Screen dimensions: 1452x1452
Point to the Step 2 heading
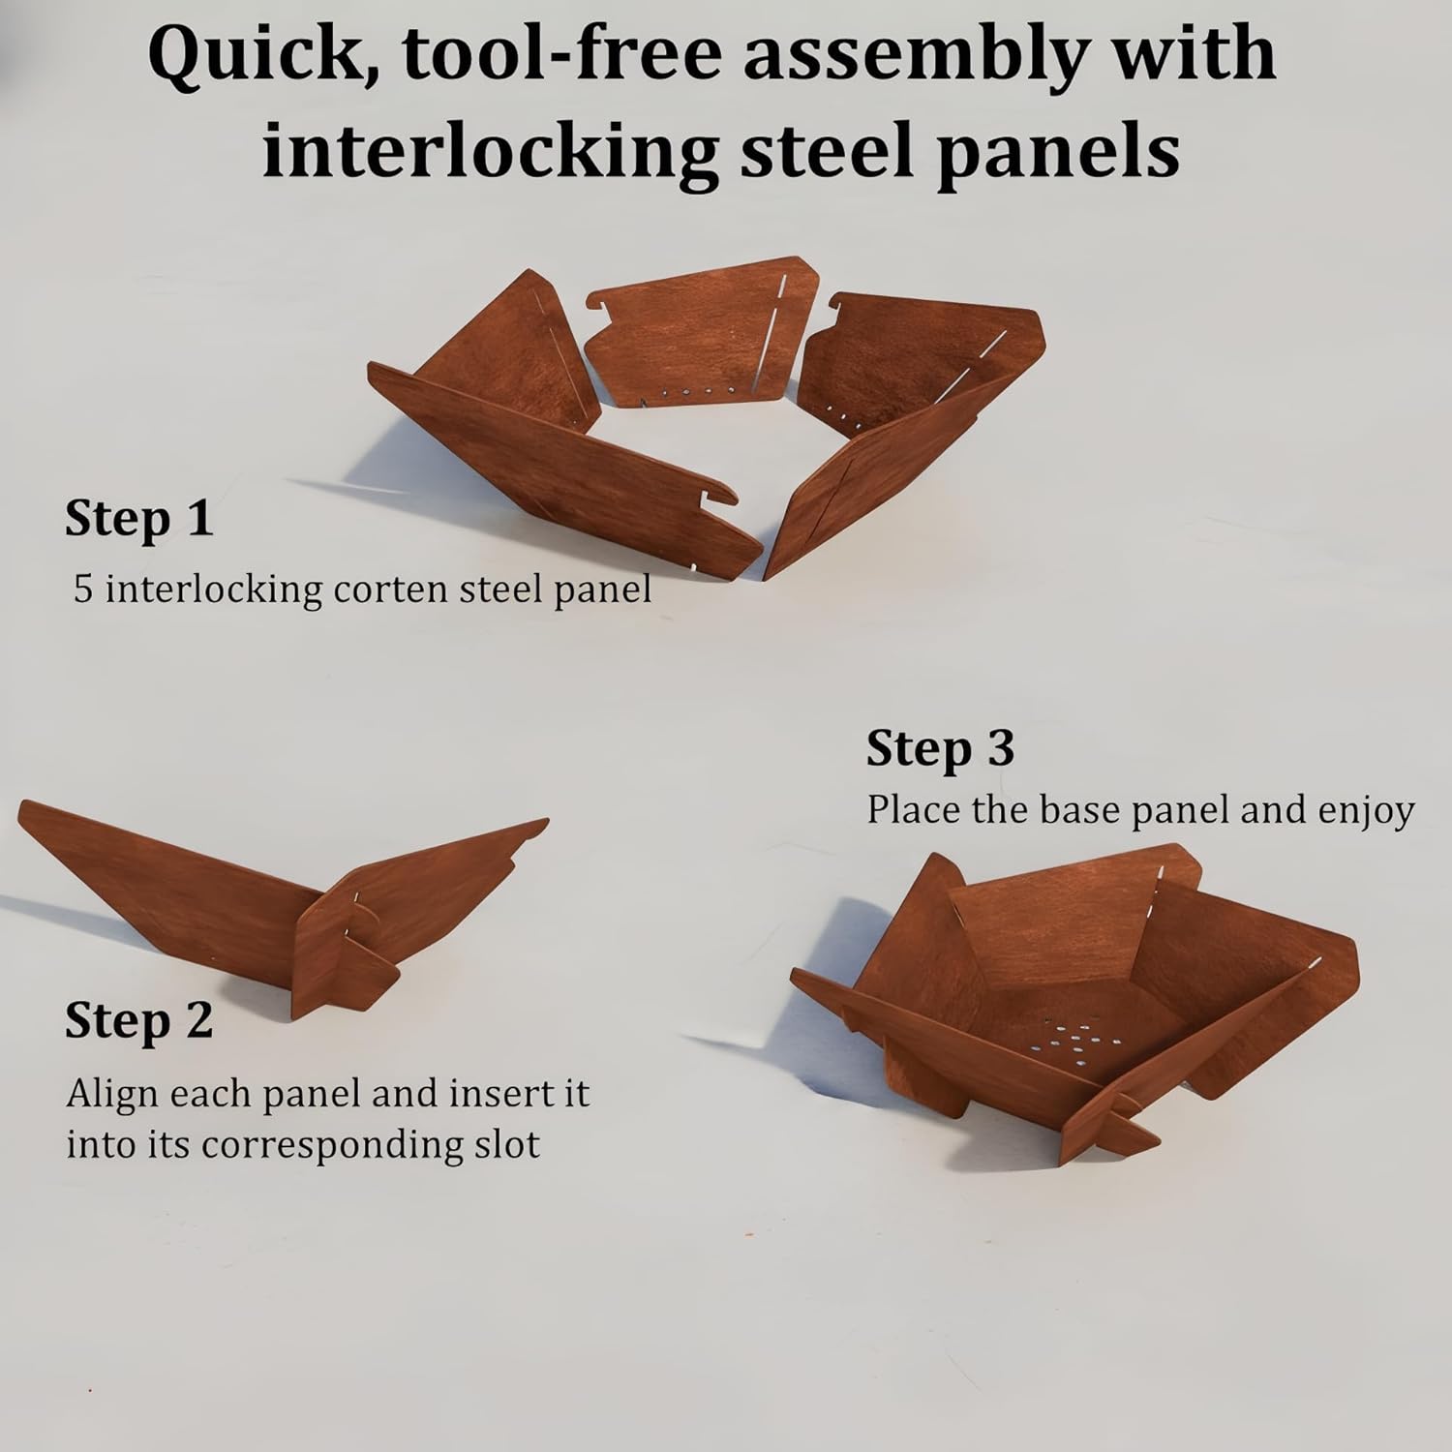[138, 1020]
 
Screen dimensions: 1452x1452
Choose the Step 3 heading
[940, 748]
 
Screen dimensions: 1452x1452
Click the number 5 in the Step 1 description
[83, 590]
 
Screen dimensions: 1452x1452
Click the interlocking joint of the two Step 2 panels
[350, 924]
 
